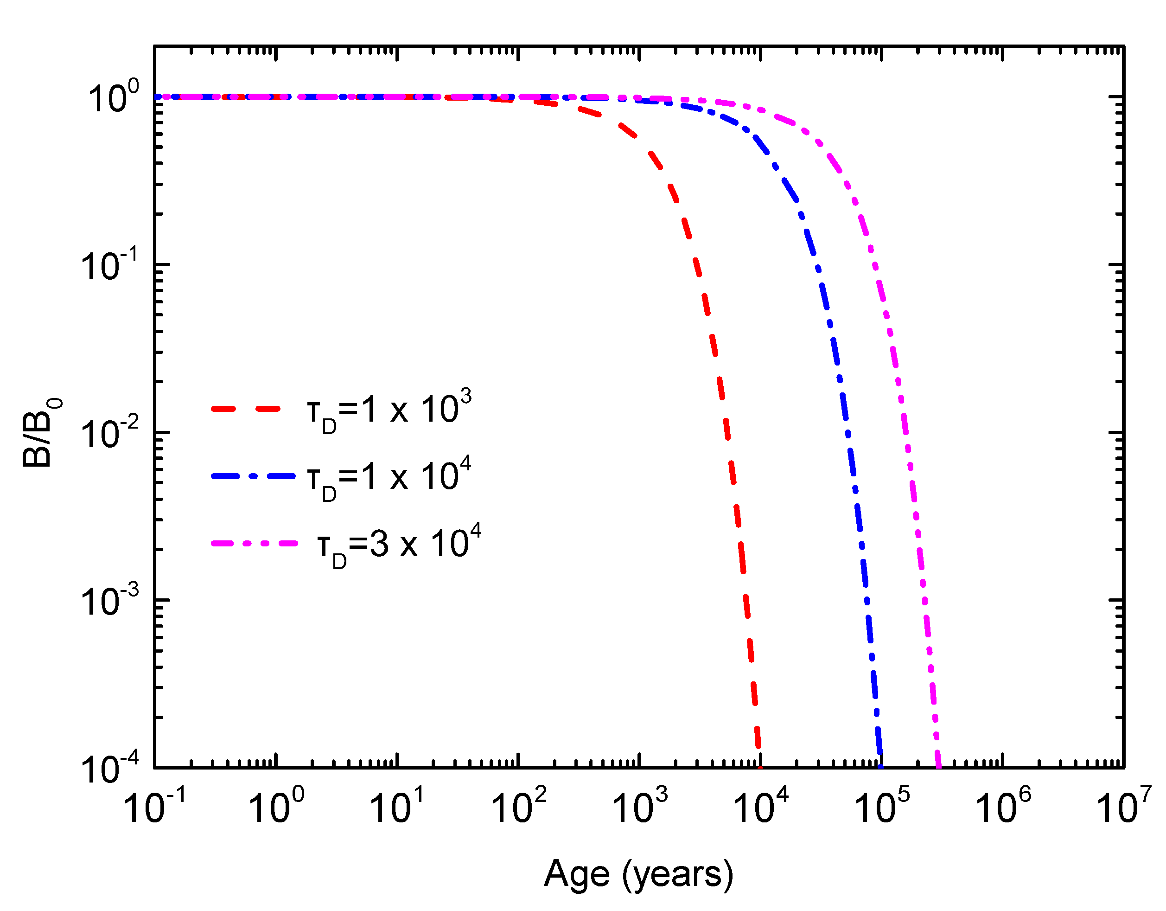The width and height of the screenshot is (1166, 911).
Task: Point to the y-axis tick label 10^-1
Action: pyautogui.click(x=109, y=266)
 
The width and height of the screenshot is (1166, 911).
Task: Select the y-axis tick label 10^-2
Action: pyautogui.click(x=109, y=434)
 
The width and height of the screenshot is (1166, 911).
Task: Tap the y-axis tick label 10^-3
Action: pyautogui.click(x=109, y=601)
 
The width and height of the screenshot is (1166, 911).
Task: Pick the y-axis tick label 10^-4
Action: pyautogui.click(x=109, y=769)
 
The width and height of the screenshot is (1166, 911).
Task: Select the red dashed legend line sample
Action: pyautogui.click(x=246, y=409)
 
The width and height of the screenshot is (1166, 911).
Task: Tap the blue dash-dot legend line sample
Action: pyautogui.click(x=253, y=476)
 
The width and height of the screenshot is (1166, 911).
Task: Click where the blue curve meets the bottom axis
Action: pyautogui.click(x=880, y=767)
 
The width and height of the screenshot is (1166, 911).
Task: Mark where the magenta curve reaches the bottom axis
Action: pyautogui.click(x=938, y=767)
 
